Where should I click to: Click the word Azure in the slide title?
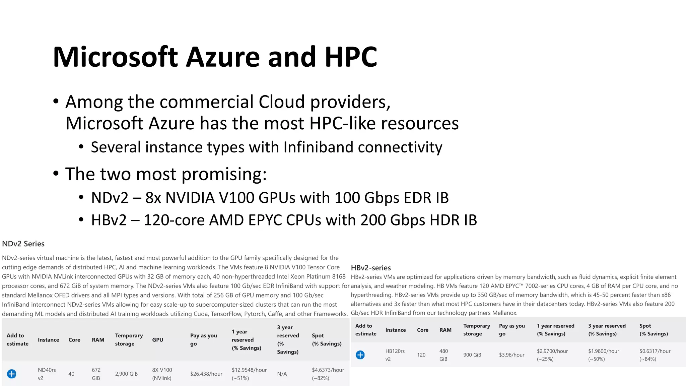click(x=223, y=57)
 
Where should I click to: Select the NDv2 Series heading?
click(x=23, y=244)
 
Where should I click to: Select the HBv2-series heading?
click(x=371, y=268)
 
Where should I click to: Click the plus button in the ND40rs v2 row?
click(x=12, y=374)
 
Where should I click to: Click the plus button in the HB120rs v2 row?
click(x=360, y=355)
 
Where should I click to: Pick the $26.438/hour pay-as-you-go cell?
click(x=206, y=374)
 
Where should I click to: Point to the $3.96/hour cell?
click(x=511, y=355)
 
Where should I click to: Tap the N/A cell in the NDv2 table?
click(x=282, y=374)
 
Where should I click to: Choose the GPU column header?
click(x=157, y=340)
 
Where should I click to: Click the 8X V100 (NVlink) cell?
click(x=162, y=374)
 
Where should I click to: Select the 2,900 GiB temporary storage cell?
click(x=126, y=374)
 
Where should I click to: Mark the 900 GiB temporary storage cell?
click(x=472, y=355)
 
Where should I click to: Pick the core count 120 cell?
click(x=421, y=355)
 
